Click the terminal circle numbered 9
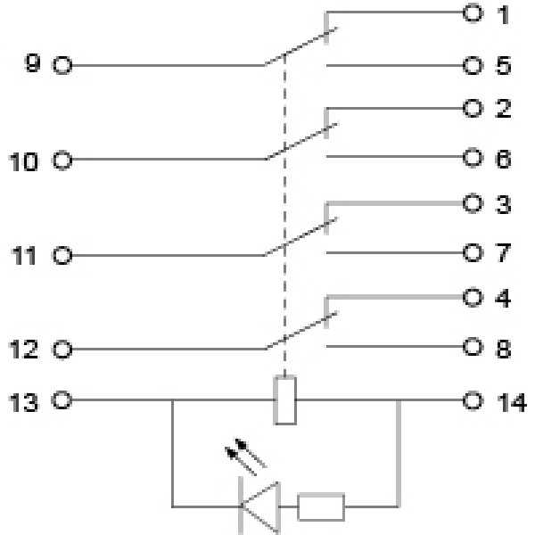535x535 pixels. [x=62, y=65]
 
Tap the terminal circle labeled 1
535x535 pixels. [x=473, y=13]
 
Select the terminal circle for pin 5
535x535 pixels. [x=473, y=66]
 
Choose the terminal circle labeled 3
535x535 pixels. [x=473, y=204]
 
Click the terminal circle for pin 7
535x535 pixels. [x=473, y=253]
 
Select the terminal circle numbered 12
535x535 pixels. [x=62, y=350]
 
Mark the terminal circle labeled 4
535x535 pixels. [x=473, y=298]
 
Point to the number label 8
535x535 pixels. [x=504, y=349]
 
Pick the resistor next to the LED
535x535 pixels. [x=321, y=506]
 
